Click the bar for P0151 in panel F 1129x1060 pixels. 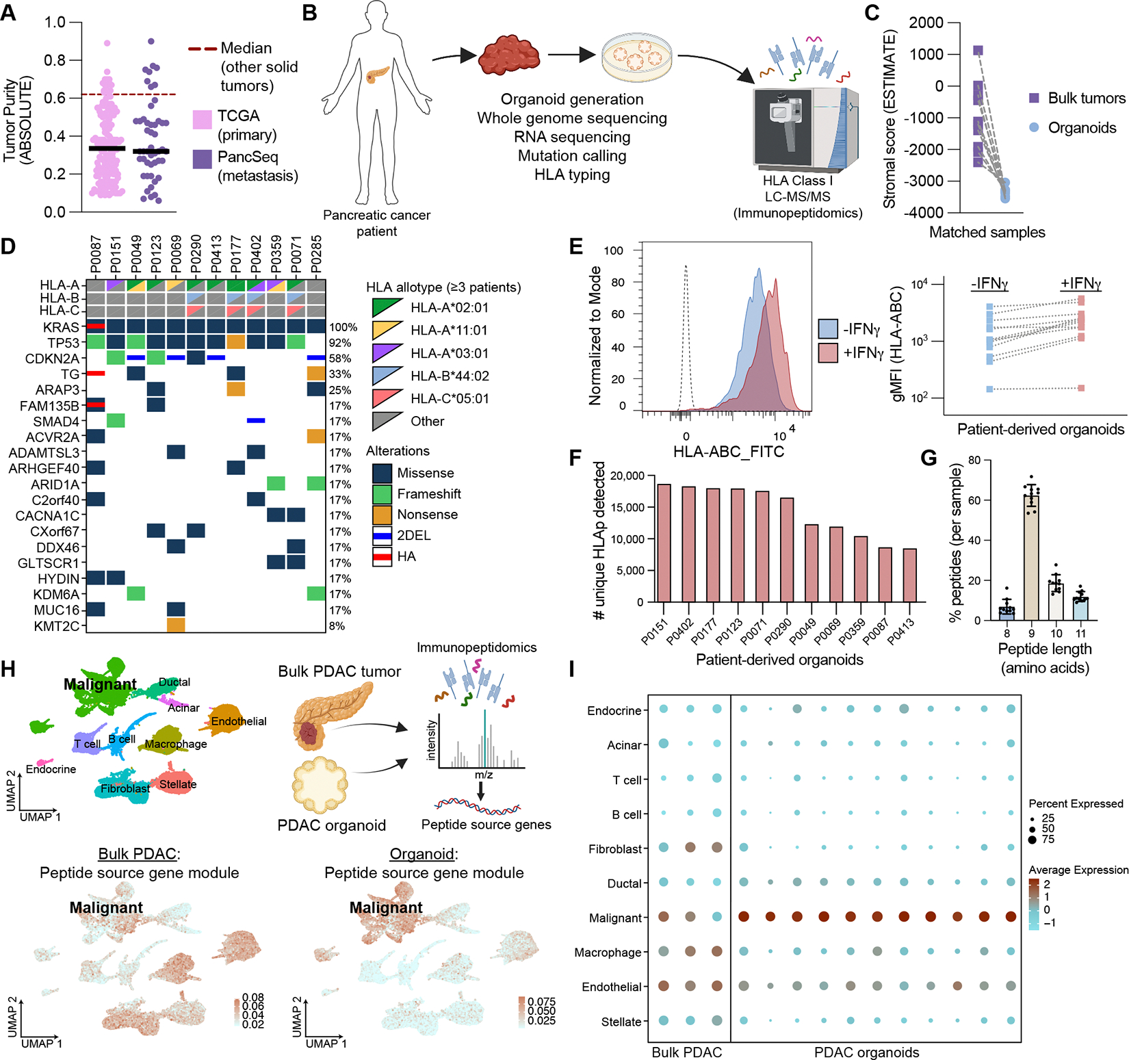(664, 543)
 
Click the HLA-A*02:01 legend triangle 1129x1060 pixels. (387, 307)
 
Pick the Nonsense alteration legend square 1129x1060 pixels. (382, 515)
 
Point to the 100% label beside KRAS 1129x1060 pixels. (343, 327)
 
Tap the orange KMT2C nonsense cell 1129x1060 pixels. (176, 625)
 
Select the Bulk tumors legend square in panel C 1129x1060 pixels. (1034, 99)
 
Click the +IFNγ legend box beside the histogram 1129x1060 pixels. (828, 353)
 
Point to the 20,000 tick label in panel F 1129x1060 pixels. (627, 476)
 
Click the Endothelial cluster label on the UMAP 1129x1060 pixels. (239, 721)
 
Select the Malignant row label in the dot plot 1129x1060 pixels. (615, 918)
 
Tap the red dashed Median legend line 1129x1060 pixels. (203, 49)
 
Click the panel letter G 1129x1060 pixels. (929, 458)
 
